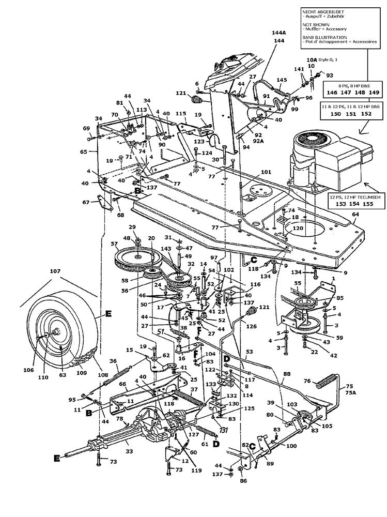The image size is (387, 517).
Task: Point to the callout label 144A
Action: point(278,32)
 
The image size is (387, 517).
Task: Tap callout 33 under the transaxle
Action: point(129,451)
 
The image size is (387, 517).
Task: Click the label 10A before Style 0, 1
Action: point(311,60)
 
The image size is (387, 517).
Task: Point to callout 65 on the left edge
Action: point(84,152)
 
